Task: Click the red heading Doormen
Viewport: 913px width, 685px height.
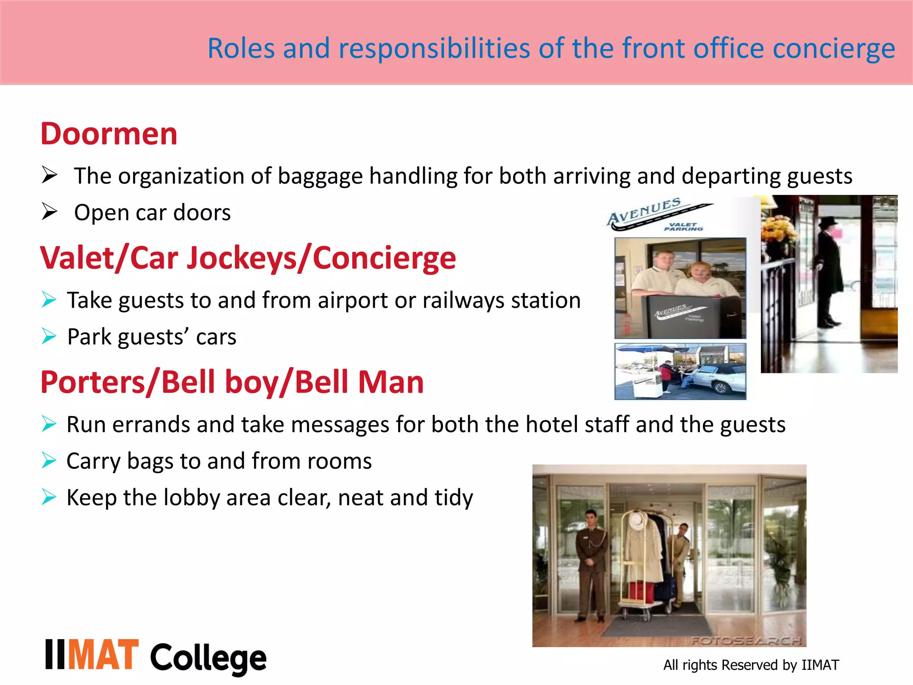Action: pyautogui.click(x=109, y=134)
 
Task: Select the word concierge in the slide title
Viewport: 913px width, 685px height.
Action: pyautogui.click(x=834, y=49)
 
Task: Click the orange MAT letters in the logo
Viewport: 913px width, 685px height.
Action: pyautogui.click(x=104, y=655)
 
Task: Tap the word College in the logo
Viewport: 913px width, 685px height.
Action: pyautogui.click(x=208, y=659)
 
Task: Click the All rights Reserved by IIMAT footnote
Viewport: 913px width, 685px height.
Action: pyautogui.click(x=751, y=665)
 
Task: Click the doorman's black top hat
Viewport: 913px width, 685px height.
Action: pyautogui.click(x=829, y=222)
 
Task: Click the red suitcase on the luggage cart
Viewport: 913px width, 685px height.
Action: pyautogui.click(x=642, y=591)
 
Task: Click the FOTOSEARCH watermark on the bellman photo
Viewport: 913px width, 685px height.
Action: pyautogui.click(x=747, y=641)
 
